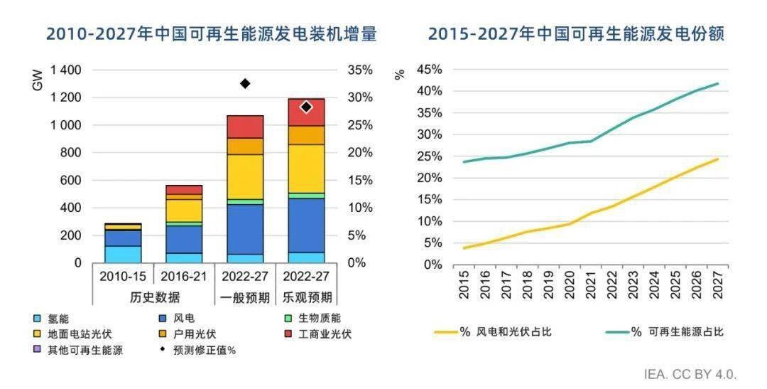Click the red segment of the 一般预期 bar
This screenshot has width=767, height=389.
point(245,127)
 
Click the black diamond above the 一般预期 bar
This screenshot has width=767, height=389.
point(245,83)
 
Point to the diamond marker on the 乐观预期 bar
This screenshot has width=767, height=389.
point(306,107)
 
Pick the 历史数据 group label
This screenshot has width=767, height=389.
point(153,297)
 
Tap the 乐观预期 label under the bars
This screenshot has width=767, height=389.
point(306,297)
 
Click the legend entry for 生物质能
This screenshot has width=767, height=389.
point(316,318)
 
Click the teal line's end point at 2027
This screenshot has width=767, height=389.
point(717,83)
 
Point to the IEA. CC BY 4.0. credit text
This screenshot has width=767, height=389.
point(690,374)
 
